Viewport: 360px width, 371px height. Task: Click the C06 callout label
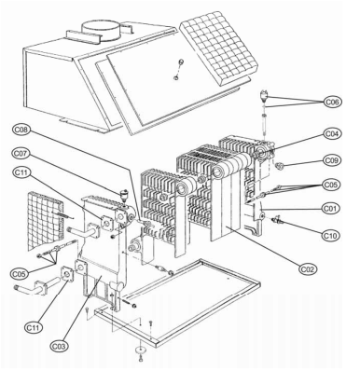pyautogui.click(x=332, y=102)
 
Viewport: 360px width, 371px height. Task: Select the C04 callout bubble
pyautogui.click(x=332, y=133)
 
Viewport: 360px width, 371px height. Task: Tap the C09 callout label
pyautogui.click(x=332, y=160)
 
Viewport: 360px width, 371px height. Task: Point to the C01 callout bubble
pyautogui.click(x=331, y=208)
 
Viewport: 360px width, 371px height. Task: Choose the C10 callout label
pyautogui.click(x=331, y=236)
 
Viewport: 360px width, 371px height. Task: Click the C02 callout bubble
pyautogui.click(x=308, y=268)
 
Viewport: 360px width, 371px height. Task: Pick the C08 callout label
pyautogui.click(x=21, y=130)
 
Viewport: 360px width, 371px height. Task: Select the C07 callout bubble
pyautogui.click(x=21, y=153)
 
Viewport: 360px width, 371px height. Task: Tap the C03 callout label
pyautogui.click(x=60, y=346)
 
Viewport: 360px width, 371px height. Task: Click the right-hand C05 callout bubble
pyautogui.click(x=331, y=185)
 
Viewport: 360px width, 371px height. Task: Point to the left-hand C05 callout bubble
pyautogui.click(x=20, y=274)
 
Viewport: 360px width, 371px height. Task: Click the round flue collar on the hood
pyautogui.click(x=101, y=31)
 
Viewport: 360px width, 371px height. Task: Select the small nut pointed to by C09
pyautogui.click(x=280, y=166)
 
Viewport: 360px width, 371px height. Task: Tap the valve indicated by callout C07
pyautogui.click(x=124, y=196)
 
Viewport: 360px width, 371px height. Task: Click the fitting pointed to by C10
pyautogui.click(x=276, y=220)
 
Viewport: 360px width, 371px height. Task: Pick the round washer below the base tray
pyautogui.click(x=141, y=350)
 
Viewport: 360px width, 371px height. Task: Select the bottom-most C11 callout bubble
pyautogui.click(x=34, y=327)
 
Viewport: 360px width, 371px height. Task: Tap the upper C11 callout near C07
pyautogui.click(x=21, y=172)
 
